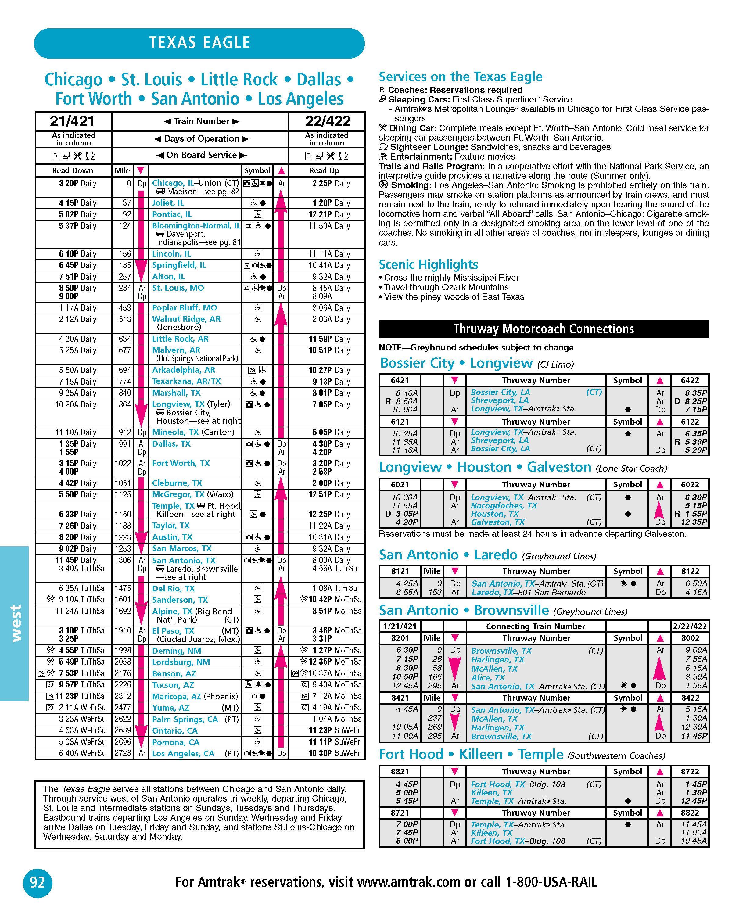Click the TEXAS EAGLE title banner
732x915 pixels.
tap(199, 43)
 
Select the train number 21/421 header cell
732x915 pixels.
tap(73, 121)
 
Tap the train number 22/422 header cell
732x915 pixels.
tap(328, 121)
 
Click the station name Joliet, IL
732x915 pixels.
tap(168, 203)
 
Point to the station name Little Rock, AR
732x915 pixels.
tap(180, 339)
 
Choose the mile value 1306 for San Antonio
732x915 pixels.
tap(123, 560)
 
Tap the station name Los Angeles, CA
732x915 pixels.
tap(183, 754)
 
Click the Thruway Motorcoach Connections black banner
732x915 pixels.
tap(544, 329)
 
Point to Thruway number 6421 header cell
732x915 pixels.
tap(400, 380)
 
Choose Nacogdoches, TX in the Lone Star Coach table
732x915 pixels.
tap(504, 505)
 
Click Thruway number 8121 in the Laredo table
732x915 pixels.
tap(400, 571)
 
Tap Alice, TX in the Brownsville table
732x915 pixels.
tap(488, 678)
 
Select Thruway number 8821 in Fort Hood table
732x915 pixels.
tap(400, 772)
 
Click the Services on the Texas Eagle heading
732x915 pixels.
tap(461, 77)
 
